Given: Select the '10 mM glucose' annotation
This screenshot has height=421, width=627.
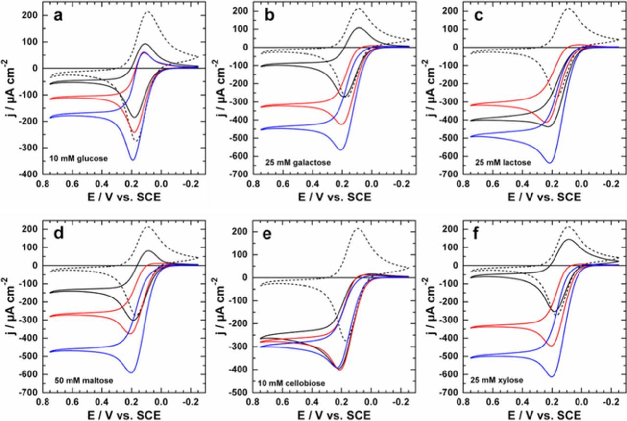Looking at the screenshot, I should pyautogui.click(x=78, y=158).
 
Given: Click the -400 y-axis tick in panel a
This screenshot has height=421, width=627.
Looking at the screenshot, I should pyautogui.click(x=31, y=174).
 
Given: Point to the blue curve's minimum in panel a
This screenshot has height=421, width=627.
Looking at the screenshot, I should pyautogui.click(x=132, y=159).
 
